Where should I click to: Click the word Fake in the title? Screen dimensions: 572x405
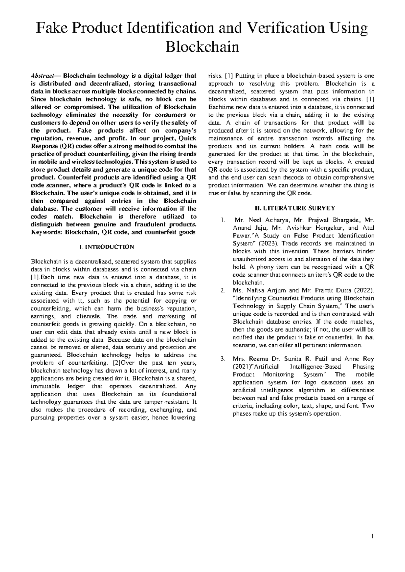50,29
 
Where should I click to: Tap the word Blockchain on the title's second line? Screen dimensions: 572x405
202,47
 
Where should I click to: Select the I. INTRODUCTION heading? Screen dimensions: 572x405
106,247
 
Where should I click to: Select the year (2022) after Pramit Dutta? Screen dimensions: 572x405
362,290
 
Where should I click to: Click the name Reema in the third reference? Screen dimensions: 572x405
257,359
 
